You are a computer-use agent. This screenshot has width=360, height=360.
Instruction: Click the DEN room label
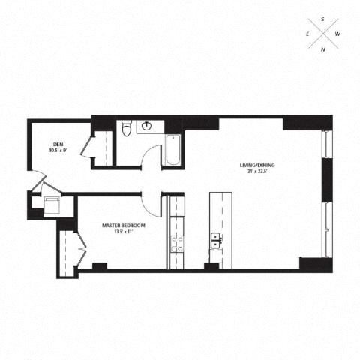(x=58, y=144)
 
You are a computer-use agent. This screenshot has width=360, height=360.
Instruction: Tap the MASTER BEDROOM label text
(x=124, y=225)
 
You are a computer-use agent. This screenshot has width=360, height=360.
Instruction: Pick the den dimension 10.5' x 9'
(x=58, y=150)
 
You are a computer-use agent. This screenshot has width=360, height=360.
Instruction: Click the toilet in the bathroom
(x=127, y=130)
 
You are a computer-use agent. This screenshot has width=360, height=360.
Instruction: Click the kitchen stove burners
(x=178, y=241)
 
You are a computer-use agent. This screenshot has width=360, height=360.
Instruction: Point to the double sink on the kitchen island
(x=216, y=240)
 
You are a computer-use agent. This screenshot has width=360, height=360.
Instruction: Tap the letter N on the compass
(x=323, y=49)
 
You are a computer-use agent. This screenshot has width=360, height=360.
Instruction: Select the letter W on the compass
(x=337, y=34)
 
